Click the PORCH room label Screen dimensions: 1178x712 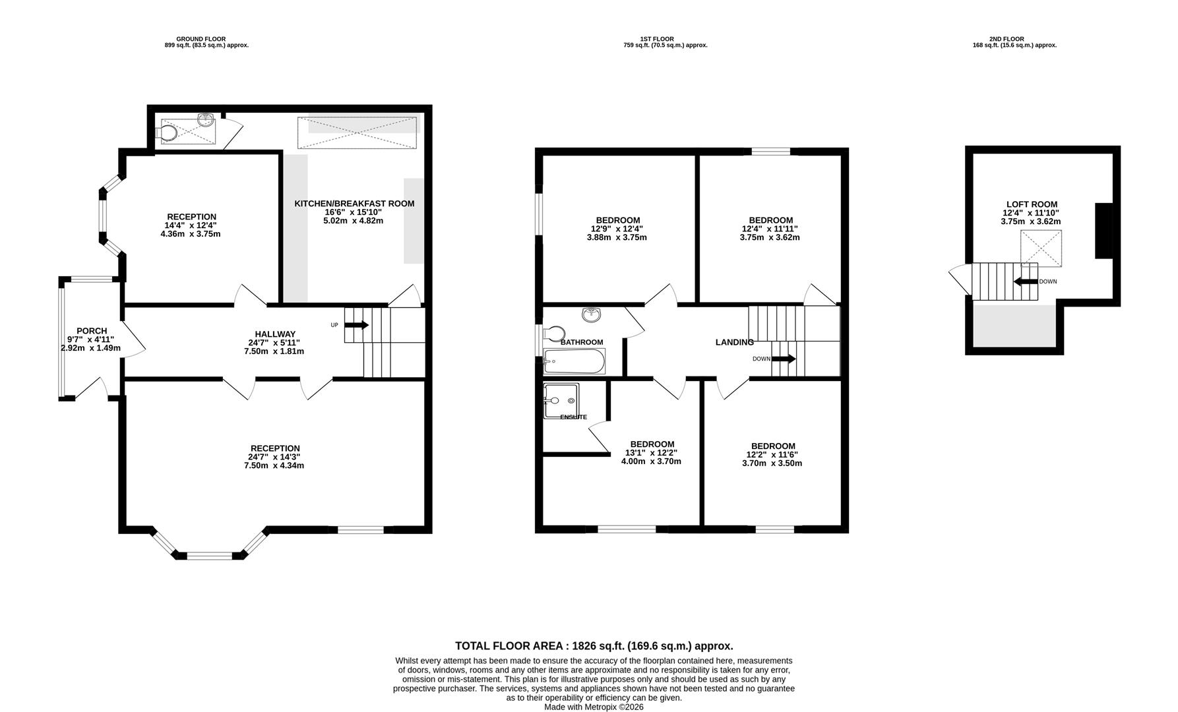click(92, 331)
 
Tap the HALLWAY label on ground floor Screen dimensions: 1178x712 click(276, 334)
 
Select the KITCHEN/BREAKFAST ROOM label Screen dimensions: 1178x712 click(354, 204)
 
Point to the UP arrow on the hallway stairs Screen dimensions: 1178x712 click(357, 325)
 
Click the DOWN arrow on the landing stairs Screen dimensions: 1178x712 click(784, 359)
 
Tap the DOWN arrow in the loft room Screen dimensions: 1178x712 click(1026, 282)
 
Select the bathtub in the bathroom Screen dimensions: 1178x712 click(574, 361)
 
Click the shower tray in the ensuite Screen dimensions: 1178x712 click(561, 400)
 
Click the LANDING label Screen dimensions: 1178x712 click(735, 342)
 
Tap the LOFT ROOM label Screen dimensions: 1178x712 click(1032, 204)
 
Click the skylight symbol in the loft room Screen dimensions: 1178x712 click(1041, 249)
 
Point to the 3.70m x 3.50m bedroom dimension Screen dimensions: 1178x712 click(773, 463)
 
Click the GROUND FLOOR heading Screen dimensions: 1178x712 click(201, 39)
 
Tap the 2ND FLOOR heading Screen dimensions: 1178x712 click(1007, 39)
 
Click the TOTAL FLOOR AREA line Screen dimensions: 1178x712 click(594, 646)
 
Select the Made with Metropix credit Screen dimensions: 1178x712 click(594, 707)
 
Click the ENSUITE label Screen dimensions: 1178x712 click(573, 417)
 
